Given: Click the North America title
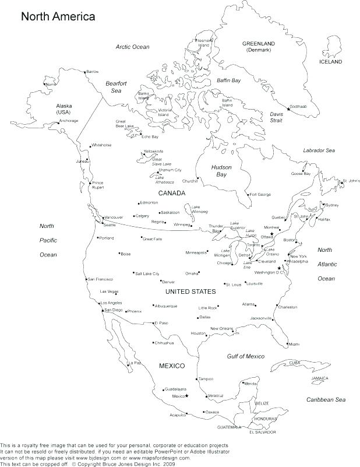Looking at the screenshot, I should [58, 17].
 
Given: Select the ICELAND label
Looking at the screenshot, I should [330, 61].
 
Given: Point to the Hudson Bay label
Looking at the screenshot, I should [221, 171].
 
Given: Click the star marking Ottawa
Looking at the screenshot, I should [271, 233].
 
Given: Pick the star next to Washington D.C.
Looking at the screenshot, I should [279, 268].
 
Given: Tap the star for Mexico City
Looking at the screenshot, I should [187, 396].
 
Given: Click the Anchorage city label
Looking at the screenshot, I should [68, 121].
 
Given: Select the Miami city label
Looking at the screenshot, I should [294, 344].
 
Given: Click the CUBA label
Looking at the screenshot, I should [295, 363].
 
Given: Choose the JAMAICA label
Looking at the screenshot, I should [319, 378].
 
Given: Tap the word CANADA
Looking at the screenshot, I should [171, 192].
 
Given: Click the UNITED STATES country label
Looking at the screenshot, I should [190, 291].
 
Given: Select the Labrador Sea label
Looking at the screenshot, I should [319, 150].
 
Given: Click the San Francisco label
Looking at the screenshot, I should [101, 279].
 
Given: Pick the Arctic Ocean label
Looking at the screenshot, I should [132, 47].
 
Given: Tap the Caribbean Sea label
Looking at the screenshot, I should [326, 399].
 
